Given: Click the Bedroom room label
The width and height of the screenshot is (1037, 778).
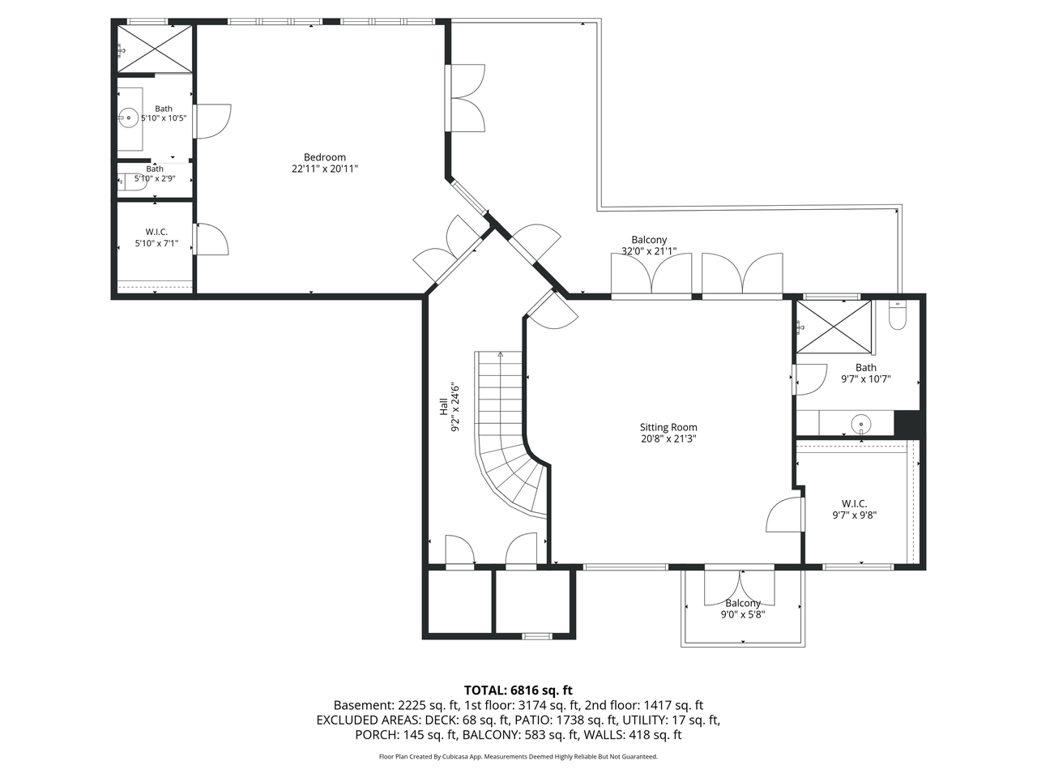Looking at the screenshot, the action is (x=325, y=157).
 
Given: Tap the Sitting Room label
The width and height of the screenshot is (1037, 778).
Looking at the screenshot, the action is (x=668, y=427).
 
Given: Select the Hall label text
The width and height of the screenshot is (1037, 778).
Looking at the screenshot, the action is (x=444, y=407).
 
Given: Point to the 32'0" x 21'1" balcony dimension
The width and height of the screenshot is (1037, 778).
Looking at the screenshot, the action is (x=649, y=251).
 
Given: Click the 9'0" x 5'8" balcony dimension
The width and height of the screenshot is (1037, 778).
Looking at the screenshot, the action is (x=743, y=614).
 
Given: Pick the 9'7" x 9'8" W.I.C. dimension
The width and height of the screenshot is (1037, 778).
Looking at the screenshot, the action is (x=855, y=515).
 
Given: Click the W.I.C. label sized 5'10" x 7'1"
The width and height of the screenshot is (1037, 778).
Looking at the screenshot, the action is (x=156, y=232).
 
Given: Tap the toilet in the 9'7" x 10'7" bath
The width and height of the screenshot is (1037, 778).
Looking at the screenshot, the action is (x=897, y=314).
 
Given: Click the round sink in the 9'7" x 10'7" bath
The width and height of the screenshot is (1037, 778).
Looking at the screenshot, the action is (x=860, y=424).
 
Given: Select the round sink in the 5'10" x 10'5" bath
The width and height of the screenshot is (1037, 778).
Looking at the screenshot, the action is (x=128, y=118).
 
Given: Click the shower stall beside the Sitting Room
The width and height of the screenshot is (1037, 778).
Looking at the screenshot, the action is (x=834, y=327).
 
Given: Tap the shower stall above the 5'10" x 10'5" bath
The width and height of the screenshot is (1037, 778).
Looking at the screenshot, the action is (x=155, y=49).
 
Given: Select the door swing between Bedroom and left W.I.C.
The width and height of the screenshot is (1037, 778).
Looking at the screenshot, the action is (x=212, y=239).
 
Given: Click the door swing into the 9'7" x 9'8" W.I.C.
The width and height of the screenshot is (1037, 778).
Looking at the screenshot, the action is (x=783, y=515).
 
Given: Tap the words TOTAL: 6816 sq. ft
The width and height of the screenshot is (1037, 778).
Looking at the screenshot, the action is (x=518, y=690).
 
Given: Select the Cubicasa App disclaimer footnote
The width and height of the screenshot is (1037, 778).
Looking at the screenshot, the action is (x=518, y=757).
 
